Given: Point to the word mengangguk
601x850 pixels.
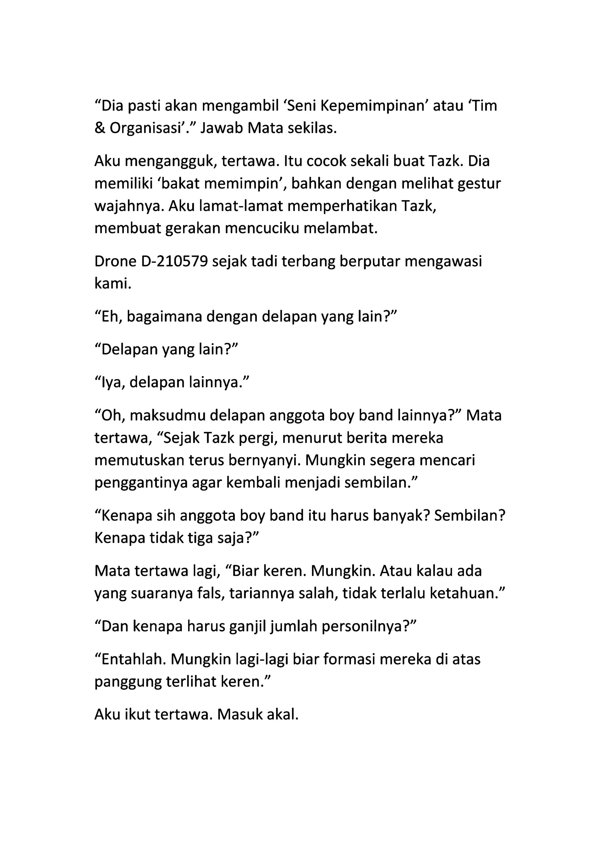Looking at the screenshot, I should coord(170,162).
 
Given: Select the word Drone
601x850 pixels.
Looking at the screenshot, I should coord(115,262).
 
